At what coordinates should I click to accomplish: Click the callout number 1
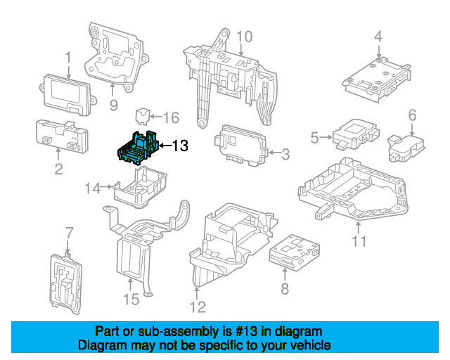[68, 56]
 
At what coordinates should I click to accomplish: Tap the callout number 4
[378, 36]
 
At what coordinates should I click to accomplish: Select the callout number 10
[243, 36]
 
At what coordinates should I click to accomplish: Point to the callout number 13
[180, 146]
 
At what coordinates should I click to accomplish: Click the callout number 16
[172, 117]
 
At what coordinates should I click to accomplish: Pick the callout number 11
[359, 243]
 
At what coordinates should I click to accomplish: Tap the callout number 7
[69, 233]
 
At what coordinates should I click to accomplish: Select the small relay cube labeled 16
[143, 115]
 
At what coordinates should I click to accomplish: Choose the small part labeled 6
[403, 146]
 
